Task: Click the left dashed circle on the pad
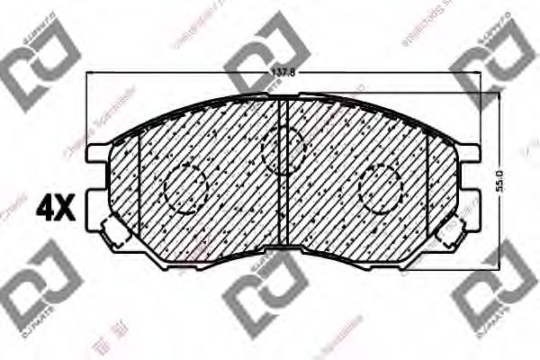point(186,188)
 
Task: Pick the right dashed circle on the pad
point(380,188)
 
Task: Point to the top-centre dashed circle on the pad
point(283,148)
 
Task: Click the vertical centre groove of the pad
point(282,171)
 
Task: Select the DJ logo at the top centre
point(266,49)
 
